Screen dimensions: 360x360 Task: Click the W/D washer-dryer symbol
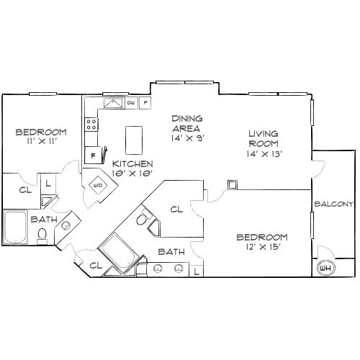[x=96, y=185]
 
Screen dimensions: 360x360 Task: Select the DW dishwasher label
[x=131, y=104]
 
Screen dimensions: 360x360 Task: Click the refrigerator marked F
[x=93, y=155]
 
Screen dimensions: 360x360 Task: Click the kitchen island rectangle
[x=133, y=140]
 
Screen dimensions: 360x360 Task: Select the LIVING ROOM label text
[x=264, y=139]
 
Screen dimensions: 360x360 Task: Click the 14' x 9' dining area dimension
[x=186, y=138]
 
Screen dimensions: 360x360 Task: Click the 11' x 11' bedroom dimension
[x=41, y=142]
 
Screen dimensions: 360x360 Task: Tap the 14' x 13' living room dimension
[x=264, y=153]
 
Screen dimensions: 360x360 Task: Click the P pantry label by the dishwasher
[x=145, y=104]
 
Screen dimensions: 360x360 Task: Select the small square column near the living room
[x=232, y=185]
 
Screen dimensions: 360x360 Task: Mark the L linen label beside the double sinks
[x=197, y=271]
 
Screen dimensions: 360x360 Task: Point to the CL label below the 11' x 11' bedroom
[x=24, y=190]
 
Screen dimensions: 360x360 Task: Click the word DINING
[x=186, y=118]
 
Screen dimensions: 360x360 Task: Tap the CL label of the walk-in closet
[x=176, y=210]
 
